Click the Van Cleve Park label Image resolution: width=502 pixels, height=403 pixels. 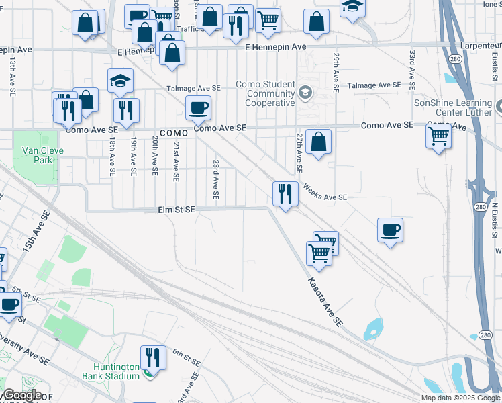click(x=42, y=155)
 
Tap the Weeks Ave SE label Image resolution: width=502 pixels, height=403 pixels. click(x=324, y=193)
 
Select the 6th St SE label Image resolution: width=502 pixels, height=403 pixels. click(x=186, y=357)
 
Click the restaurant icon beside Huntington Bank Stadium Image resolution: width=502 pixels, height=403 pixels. click(x=152, y=358)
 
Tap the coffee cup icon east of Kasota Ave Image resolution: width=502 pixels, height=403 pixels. click(x=390, y=230)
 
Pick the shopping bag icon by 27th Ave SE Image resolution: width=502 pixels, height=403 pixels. click(x=319, y=142)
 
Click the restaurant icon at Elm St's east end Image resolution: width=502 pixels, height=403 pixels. click(x=285, y=193)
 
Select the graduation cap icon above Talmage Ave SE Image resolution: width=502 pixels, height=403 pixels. click(x=120, y=81)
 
